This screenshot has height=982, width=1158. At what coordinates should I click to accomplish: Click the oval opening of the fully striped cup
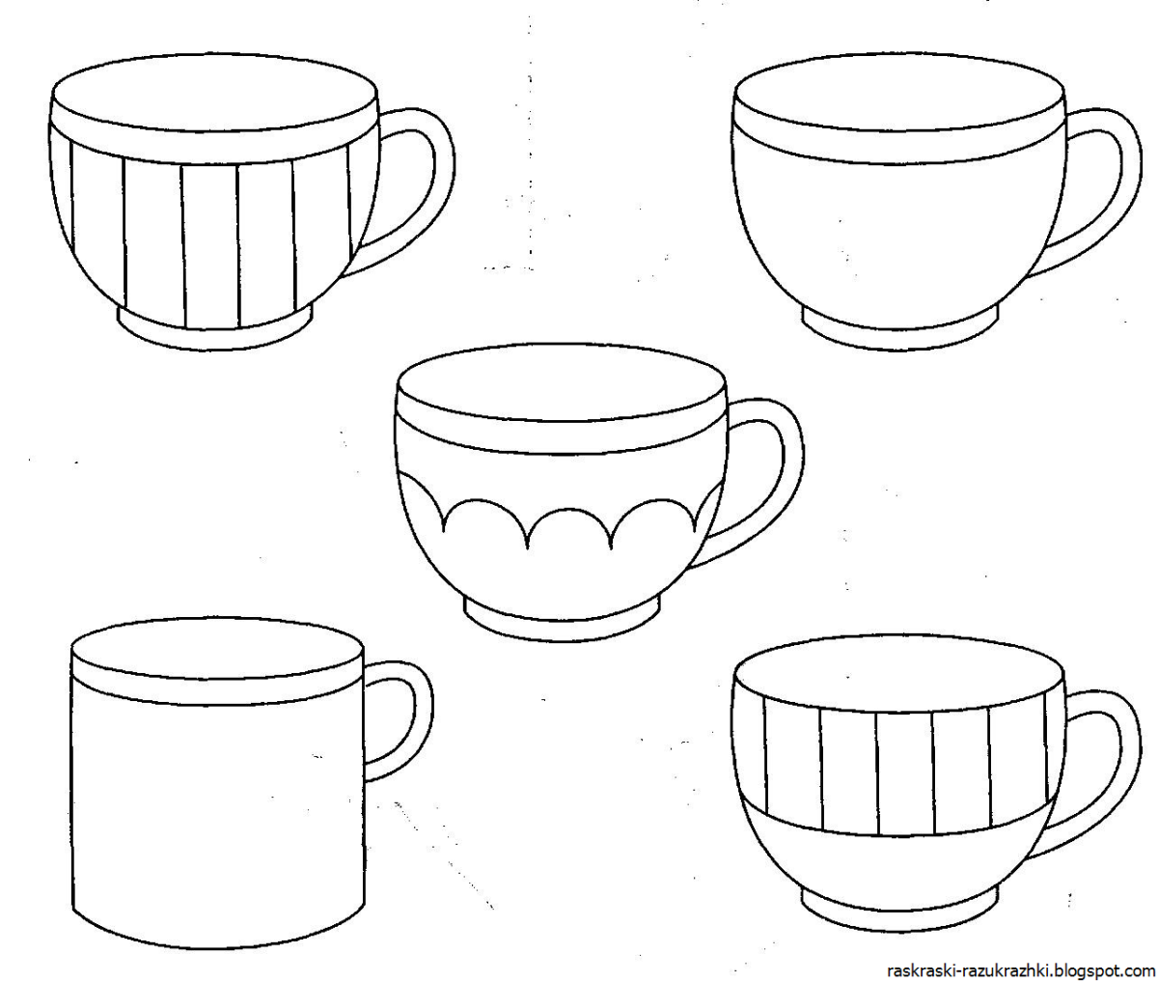(x=215, y=94)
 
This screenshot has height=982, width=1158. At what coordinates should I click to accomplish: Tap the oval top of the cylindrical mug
(x=218, y=650)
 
